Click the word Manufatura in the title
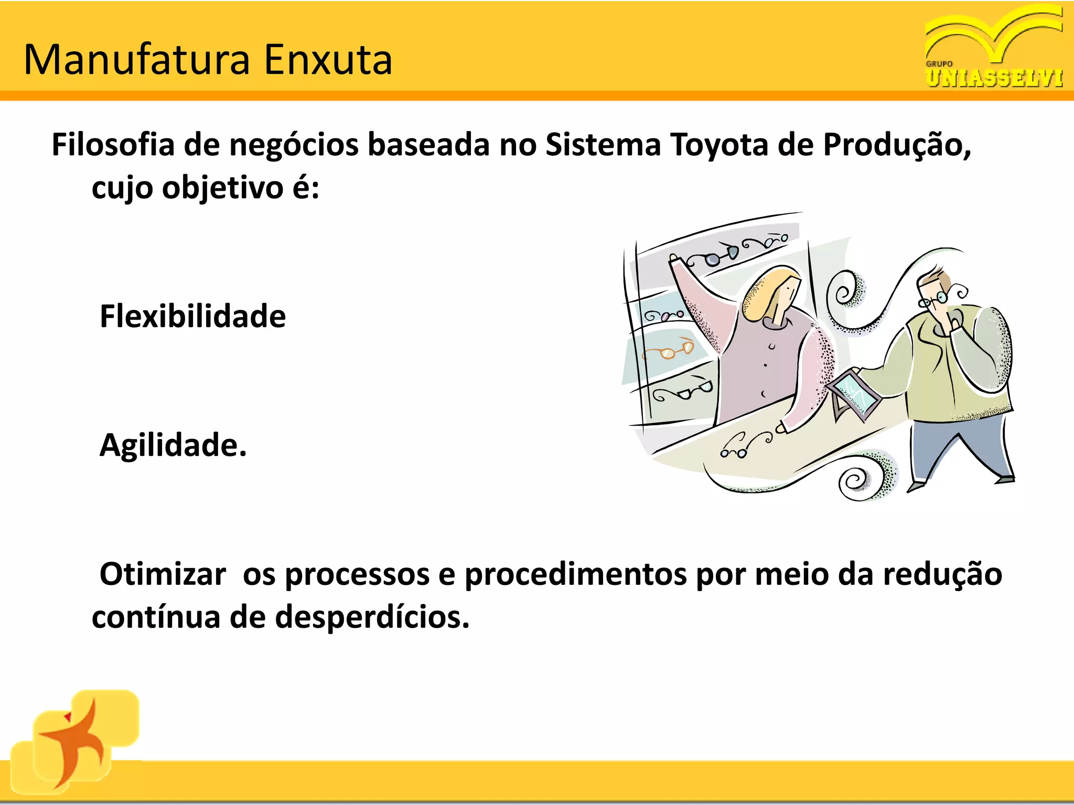[x=137, y=60]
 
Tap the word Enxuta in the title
[x=328, y=60]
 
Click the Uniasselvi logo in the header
[x=994, y=47]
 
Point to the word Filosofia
[x=113, y=145]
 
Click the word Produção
[x=896, y=145]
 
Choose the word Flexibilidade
[x=192, y=317]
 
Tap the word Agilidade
[x=173, y=445]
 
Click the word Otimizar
[x=163, y=574]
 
